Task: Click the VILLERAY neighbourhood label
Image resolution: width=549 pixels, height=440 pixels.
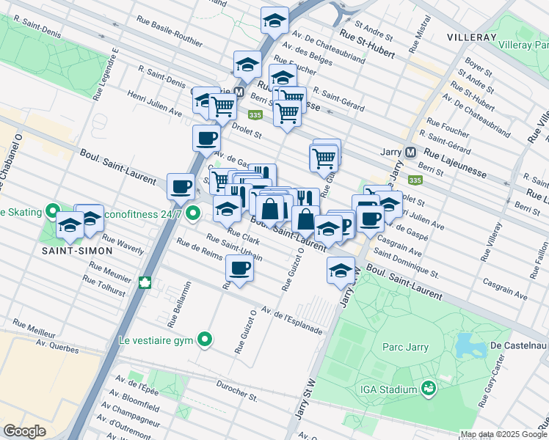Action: pyautogui.click(x=472, y=36)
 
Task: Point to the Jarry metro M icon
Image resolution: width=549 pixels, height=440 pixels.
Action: pyautogui.click(x=410, y=153)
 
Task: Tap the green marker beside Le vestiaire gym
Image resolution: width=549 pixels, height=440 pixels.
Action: pyautogui.click(x=206, y=339)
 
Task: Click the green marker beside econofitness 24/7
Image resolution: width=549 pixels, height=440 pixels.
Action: pyautogui.click(x=193, y=214)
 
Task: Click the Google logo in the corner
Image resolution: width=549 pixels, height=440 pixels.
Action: pyautogui.click(x=24, y=430)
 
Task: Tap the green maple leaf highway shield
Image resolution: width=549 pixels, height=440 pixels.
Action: pyautogui.click(x=145, y=282)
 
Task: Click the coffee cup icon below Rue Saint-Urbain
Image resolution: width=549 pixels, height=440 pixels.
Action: pyautogui.click(x=239, y=268)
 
